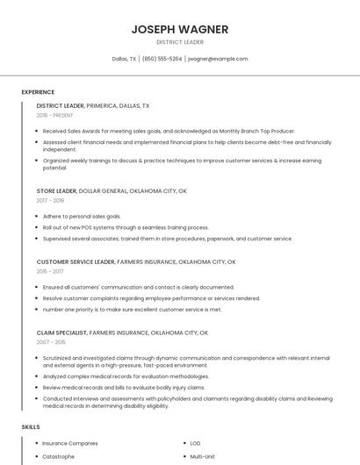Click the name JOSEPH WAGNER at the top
[x=180, y=29]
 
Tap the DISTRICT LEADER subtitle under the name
[x=180, y=42]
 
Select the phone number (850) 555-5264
[x=162, y=59]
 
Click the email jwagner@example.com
[x=218, y=59]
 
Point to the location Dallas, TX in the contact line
[x=124, y=59]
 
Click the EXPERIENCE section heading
[x=38, y=92]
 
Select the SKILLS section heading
[x=31, y=426]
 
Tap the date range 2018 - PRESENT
[x=55, y=115]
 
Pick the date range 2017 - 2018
[x=50, y=200]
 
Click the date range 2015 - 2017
[x=50, y=271]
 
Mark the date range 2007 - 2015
[x=50, y=343]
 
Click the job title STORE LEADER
[x=56, y=190]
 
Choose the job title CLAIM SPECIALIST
[x=61, y=333]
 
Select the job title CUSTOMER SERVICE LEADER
[x=76, y=261]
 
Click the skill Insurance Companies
[x=70, y=443]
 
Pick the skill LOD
[x=195, y=443]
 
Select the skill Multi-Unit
[x=203, y=456]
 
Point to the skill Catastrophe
[x=59, y=456]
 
